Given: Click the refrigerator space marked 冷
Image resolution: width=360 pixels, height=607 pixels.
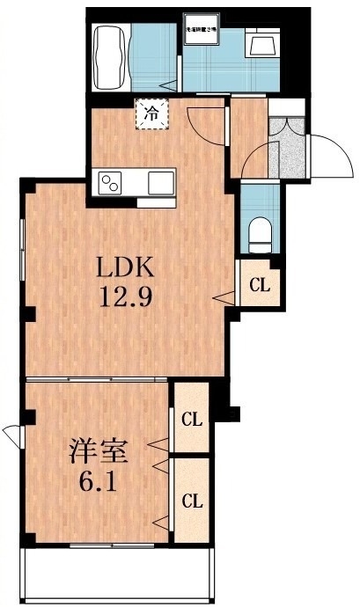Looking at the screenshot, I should (151, 113).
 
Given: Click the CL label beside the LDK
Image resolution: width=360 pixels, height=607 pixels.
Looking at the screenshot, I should (259, 285).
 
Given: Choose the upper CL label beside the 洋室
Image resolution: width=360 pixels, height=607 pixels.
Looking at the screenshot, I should (191, 419).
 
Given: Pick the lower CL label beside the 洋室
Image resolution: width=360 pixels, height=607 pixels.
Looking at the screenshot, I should (191, 500).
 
